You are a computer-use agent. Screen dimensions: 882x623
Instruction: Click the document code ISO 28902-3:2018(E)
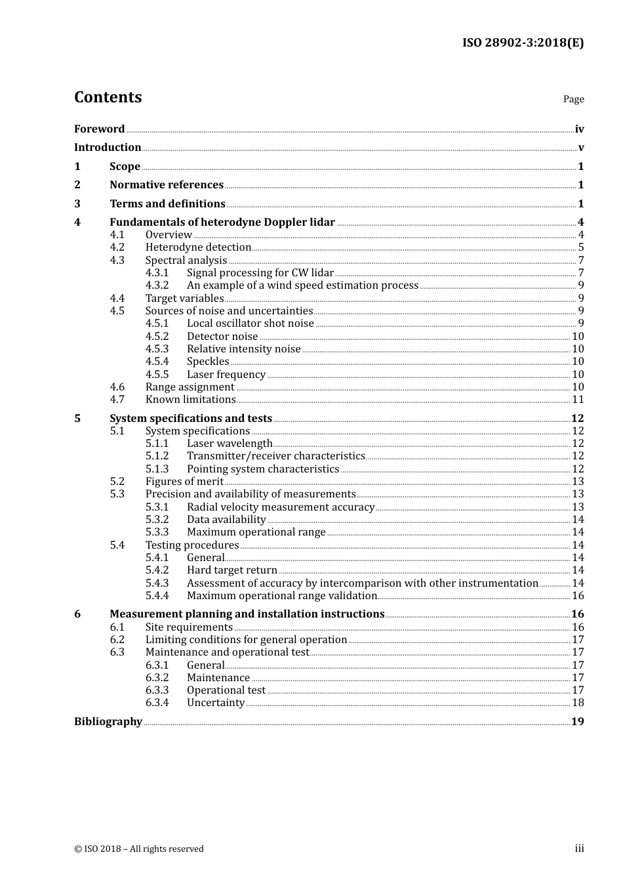coord(523,43)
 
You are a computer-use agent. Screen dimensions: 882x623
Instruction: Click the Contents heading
coord(108,97)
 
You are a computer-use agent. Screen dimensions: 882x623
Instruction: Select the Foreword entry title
coord(99,129)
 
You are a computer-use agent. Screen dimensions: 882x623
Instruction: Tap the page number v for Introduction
coord(580,148)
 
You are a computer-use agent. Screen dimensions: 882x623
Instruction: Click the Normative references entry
coord(167,185)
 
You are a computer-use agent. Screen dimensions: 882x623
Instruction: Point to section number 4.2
coord(117,247)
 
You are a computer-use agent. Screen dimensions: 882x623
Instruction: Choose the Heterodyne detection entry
coord(198,247)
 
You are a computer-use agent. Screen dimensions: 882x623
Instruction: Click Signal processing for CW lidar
coord(260,273)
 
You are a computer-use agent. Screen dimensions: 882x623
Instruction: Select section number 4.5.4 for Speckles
coord(157,362)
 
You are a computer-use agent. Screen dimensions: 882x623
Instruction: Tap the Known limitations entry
coord(190,400)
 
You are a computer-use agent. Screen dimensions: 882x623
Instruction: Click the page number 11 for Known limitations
coord(578,400)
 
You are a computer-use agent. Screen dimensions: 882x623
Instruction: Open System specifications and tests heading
coord(190,419)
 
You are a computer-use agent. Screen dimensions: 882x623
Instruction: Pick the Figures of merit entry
coord(184,482)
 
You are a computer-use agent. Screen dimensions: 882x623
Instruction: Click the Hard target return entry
coord(231,570)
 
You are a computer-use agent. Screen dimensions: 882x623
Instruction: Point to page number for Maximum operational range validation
coord(578,596)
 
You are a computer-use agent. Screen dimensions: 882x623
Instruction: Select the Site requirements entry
coord(189,627)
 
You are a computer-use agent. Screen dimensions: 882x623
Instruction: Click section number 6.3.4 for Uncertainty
coord(157,703)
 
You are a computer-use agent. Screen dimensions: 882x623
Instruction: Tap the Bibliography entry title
coord(108,722)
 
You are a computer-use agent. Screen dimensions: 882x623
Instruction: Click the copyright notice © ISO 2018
coord(138,849)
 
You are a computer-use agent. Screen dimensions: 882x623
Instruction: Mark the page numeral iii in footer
coord(579,849)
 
